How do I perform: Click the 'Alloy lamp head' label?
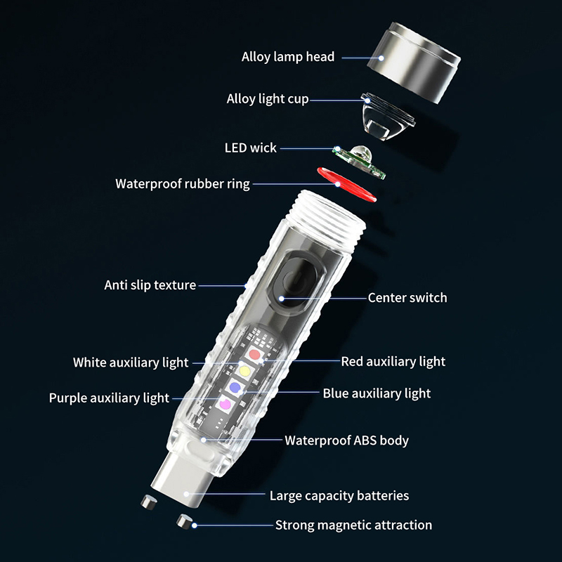point(288,57)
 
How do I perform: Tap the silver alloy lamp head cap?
point(414,63)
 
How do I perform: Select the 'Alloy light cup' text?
point(268,99)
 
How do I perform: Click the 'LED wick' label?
point(251,148)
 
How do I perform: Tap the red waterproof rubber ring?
point(346,185)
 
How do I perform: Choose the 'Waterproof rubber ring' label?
point(183,184)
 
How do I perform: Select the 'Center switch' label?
point(407,298)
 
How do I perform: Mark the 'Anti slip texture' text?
point(150,285)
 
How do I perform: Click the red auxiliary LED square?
point(254,355)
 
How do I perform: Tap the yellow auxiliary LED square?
point(245,371)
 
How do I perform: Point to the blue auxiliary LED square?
point(235,387)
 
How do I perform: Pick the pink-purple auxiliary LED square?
point(225,404)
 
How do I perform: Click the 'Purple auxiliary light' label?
point(109,398)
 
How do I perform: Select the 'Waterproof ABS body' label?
point(346,440)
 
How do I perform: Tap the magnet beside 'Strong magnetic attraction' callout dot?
point(185,521)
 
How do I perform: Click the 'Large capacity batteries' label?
point(339,496)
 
